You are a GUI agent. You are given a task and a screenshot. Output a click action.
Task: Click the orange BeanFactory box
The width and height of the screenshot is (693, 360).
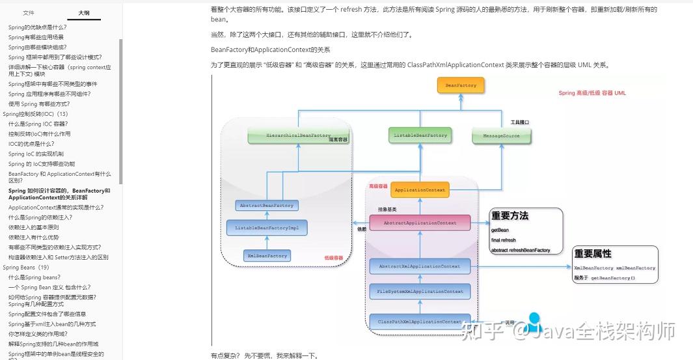(461, 85)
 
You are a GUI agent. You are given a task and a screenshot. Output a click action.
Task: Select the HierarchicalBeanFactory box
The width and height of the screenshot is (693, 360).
(290, 135)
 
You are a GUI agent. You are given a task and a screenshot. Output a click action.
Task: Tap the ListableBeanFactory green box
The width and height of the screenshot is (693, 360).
(420, 135)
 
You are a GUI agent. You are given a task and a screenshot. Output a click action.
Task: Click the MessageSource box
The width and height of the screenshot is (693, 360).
(501, 135)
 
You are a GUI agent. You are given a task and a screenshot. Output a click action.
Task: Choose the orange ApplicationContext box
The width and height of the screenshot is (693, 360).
(420, 190)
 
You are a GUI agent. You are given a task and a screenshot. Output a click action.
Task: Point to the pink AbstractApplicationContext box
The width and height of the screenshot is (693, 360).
(420, 223)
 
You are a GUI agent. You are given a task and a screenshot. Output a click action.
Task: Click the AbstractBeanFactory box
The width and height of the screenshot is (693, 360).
(267, 205)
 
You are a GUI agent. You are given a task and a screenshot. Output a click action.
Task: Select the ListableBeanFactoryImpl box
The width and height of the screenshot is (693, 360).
(267, 228)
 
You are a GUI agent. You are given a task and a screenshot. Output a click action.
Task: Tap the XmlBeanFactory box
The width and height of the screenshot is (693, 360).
(267, 256)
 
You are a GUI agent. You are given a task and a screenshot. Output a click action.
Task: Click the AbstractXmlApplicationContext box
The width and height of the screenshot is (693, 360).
(420, 266)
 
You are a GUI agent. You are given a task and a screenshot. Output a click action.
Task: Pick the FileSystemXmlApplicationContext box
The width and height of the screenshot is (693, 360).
(420, 292)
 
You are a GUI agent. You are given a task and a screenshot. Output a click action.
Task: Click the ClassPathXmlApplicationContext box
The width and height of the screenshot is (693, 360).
(420, 322)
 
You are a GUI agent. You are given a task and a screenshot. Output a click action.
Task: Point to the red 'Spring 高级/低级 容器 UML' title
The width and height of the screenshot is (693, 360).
(592, 93)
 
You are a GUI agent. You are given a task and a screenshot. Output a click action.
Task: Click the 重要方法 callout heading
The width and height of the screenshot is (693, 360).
(510, 216)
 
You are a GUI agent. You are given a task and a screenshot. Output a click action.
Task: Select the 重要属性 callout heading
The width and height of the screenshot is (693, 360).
(593, 254)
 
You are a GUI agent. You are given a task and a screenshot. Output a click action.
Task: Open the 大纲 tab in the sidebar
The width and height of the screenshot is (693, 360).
(84, 12)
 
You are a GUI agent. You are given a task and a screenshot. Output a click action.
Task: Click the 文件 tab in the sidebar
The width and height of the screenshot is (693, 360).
(29, 12)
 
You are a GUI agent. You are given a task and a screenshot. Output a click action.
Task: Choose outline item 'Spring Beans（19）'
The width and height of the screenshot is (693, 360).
(26, 268)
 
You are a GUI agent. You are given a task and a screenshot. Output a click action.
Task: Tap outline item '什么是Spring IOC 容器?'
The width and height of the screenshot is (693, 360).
(38, 124)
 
